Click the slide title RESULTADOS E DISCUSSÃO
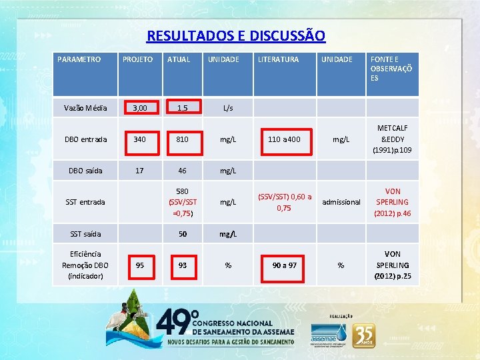point(236,35)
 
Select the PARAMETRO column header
point(79,59)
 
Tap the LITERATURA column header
point(278,59)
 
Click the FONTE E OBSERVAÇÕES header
point(391,69)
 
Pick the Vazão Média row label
point(83,107)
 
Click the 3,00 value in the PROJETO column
point(139,107)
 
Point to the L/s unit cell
point(228,107)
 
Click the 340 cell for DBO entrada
point(139,139)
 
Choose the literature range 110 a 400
point(284,139)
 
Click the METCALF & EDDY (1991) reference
point(393,139)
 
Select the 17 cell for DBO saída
point(139,171)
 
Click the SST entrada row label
point(85,202)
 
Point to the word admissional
point(341,202)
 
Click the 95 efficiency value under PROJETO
point(139,265)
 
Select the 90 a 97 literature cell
point(284,265)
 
